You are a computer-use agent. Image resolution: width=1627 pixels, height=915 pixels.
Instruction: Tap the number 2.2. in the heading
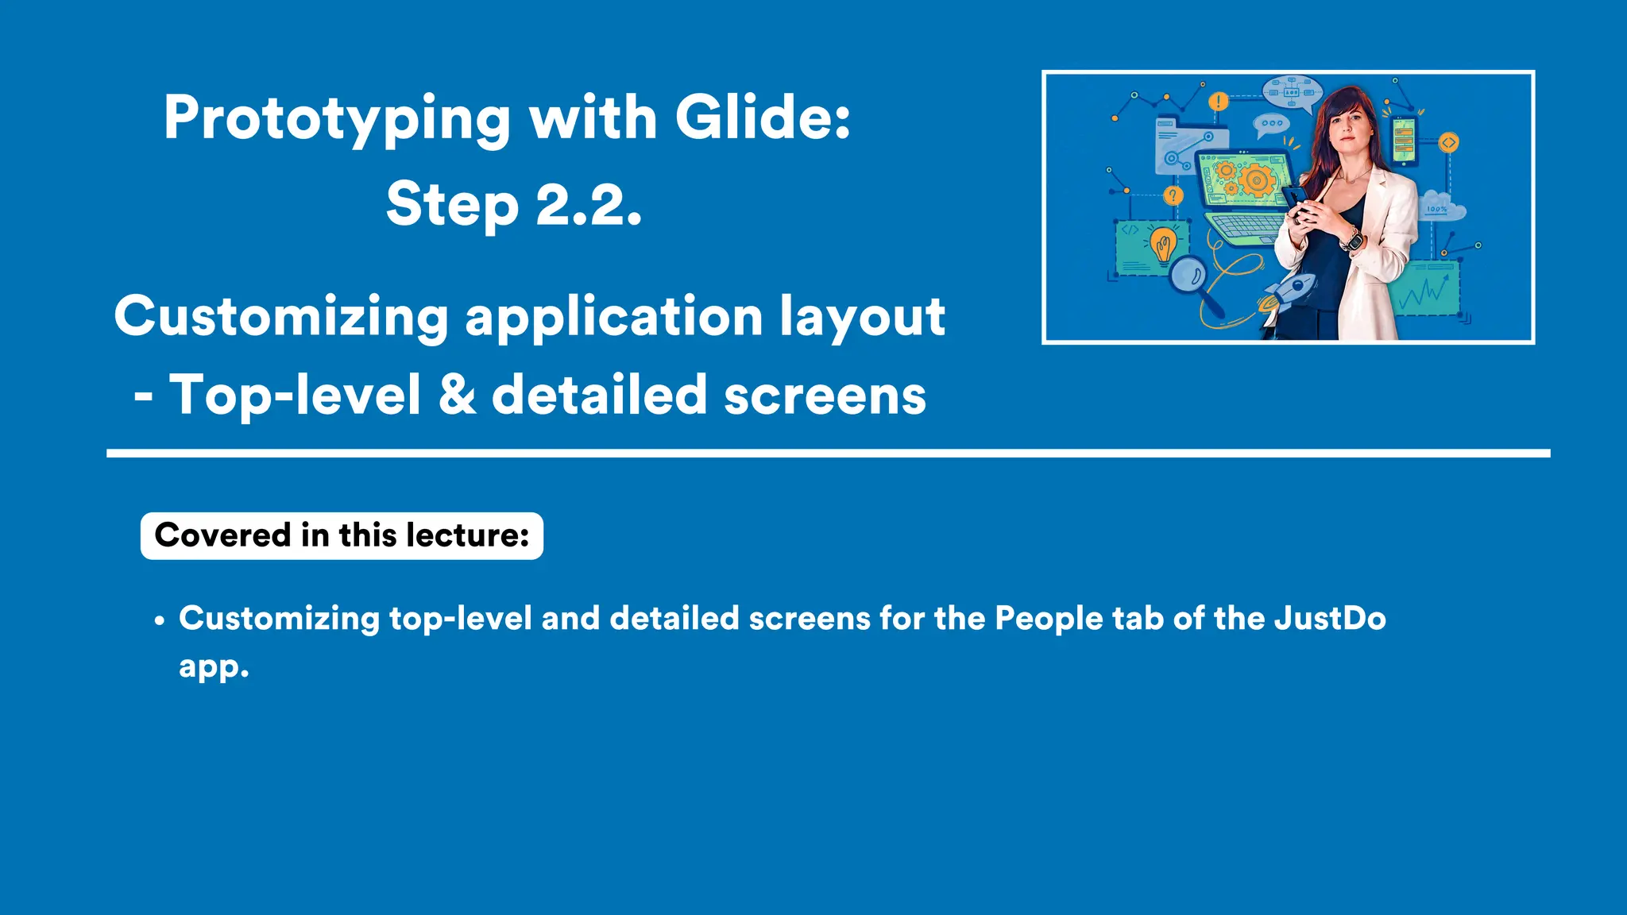pyautogui.click(x=589, y=204)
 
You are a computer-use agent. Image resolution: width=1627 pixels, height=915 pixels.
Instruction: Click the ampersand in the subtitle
pyautogui.click(x=458, y=395)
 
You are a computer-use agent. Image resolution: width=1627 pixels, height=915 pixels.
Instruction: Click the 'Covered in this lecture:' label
pyautogui.click(x=342, y=536)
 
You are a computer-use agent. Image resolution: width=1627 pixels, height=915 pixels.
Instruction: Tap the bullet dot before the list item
pyautogui.click(x=160, y=621)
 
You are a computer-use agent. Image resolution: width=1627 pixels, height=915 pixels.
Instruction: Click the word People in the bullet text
pyautogui.click(x=1049, y=619)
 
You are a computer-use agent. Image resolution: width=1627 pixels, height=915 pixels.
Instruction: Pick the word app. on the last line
pyautogui.click(x=214, y=667)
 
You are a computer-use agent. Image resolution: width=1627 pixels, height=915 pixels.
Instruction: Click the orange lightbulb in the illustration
pyautogui.click(x=1164, y=244)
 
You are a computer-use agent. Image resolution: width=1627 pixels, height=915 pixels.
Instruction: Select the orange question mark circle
pyautogui.click(x=1173, y=195)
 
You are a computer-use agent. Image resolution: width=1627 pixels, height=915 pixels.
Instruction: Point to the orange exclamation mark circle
pyautogui.click(x=1218, y=102)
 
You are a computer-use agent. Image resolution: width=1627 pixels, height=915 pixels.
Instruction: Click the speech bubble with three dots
pyautogui.click(x=1271, y=124)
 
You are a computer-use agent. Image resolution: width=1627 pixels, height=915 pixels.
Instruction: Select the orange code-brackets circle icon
pyautogui.click(x=1449, y=143)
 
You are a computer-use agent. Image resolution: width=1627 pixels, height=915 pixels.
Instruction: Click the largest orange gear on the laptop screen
pyautogui.click(x=1257, y=180)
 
